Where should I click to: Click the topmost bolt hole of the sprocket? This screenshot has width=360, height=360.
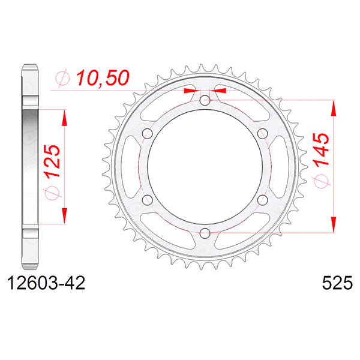[205, 100]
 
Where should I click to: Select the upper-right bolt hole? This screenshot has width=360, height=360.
[262, 133]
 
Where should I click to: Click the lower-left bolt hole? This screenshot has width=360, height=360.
[148, 199]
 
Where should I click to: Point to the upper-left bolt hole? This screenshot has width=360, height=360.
[148, 133]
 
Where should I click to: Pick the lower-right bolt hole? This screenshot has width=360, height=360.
[262, 199]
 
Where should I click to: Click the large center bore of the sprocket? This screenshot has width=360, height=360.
[205, 166]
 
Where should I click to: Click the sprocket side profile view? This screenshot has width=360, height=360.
[31, 166]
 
